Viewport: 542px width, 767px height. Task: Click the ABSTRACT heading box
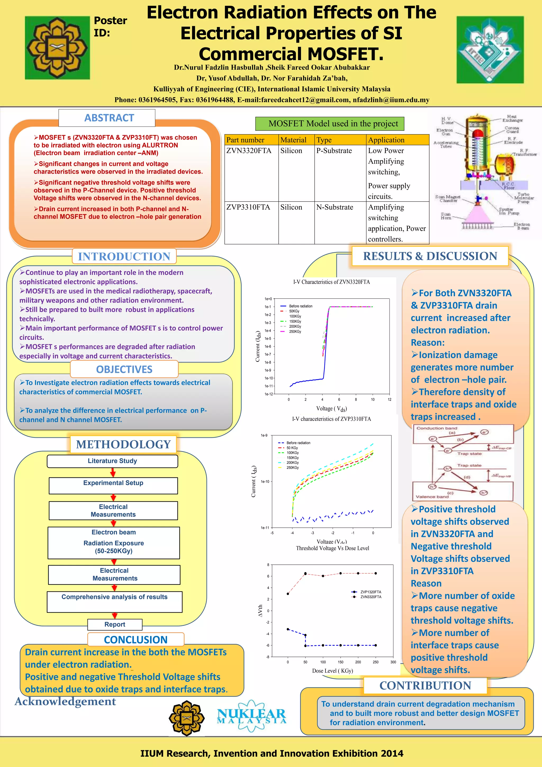tap(107, 118)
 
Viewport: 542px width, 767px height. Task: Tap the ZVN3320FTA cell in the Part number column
tap(249, 151)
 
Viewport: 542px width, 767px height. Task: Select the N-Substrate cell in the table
tap(335, 207)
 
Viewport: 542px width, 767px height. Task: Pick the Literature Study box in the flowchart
tap(112, 461)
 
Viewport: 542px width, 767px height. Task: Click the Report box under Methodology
tap(115, 624)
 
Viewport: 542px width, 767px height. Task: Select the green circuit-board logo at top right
tap(490, 50)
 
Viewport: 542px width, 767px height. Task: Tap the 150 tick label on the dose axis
tap(340, 662)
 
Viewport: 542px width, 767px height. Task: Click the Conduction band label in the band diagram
tap(436, 428)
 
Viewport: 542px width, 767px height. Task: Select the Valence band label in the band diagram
tap(432, 497)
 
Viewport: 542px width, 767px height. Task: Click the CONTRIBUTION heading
tap(425, 686)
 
